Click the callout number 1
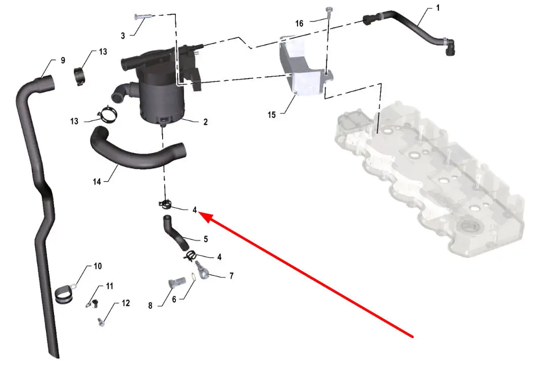tap(438, 8)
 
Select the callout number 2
tap(206, 122)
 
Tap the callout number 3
tap(123, 36)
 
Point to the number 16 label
tap(299, 24)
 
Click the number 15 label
tap(272, 115)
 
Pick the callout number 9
tap(63, 61)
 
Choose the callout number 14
tap(97, 182)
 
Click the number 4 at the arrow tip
tap(194, 210)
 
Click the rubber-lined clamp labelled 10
tap(64, 295)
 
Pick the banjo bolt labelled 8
tap(177, 282)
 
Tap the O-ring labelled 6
tap(193, 278)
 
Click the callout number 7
tap(231, 276)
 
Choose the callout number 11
tap(110, 286)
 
